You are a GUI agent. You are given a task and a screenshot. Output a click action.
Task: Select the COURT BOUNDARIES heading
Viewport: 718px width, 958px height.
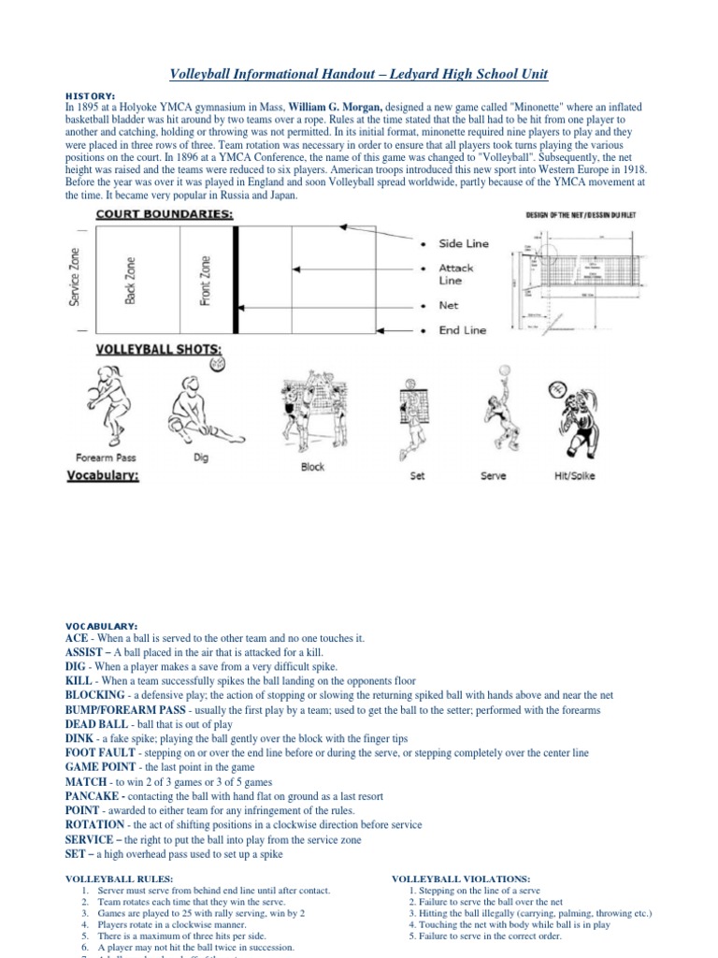(165, 214)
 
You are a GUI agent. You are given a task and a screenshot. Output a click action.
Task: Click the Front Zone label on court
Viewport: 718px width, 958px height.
(205, 281)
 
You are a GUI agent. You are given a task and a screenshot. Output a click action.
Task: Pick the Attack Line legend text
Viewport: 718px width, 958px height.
(456, 274)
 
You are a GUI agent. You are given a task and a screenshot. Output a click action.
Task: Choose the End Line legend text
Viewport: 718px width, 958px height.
(462, 330)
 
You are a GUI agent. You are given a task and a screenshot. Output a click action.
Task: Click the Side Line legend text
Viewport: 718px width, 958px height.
(464, 243)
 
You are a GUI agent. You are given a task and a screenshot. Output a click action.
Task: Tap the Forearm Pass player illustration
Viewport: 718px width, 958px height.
(104, 408)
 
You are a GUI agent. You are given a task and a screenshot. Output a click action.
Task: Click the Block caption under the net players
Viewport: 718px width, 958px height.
(312, 466)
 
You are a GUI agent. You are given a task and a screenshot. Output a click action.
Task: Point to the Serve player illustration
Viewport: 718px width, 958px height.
(495, 411)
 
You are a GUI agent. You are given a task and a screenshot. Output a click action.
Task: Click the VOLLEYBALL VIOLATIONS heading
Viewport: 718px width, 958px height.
(460, 879)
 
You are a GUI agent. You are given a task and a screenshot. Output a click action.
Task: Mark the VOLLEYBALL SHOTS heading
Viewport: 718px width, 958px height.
(160, 351)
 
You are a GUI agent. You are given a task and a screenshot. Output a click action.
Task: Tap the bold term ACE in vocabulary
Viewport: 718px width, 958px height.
(78, 637)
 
